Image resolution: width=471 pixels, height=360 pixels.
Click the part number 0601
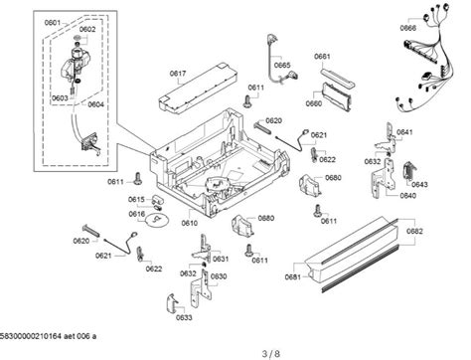53,24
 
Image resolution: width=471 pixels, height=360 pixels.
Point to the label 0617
178,73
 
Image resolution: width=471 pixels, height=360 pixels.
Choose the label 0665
282,66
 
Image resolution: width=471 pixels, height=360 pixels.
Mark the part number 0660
314,102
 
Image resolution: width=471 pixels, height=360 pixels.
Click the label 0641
404,132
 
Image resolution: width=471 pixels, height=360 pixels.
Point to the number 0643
419,184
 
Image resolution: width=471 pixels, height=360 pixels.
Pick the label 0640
407,196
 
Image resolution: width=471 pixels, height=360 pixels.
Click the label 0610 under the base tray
188,224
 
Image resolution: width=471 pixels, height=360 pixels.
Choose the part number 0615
137,200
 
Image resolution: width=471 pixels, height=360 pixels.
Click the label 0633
184,318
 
